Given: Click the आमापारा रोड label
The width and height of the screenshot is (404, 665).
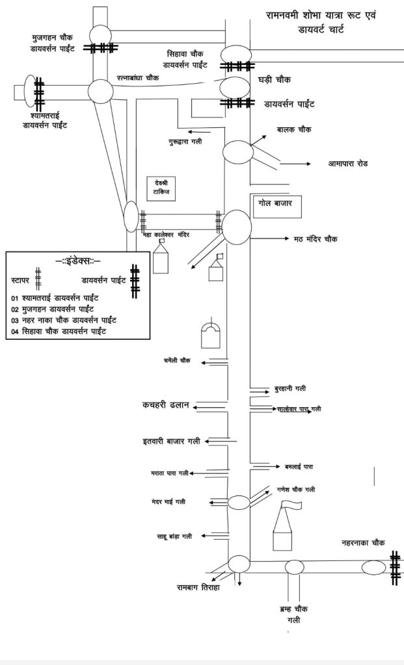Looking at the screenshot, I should tap(348, 164).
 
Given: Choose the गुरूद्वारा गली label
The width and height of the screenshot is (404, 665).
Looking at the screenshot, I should tap(185, 140).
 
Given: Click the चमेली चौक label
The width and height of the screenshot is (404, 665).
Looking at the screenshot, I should tap(177, 360).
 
